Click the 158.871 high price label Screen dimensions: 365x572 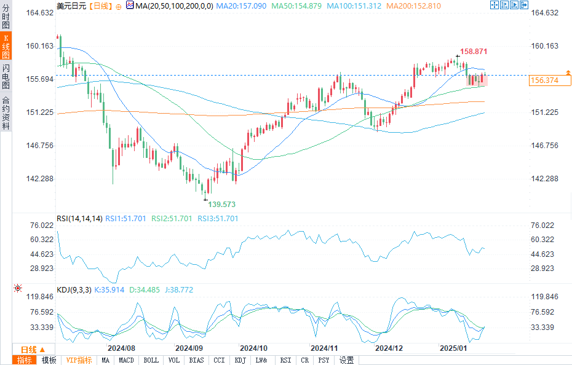click(x=474, y=52)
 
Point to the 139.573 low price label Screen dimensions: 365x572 click(x=222, y=204)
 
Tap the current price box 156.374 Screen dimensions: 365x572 click(x=544, y=80)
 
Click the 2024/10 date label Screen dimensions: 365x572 click(x=253, y=348)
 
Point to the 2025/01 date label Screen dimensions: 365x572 click(x=454, y=348)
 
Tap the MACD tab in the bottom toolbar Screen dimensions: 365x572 click(x=127, y=360)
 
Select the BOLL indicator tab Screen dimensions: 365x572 click(x=151, y=360)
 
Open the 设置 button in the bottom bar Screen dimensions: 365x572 click(x=347, y=360)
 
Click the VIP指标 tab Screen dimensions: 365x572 click(x=79, y=360)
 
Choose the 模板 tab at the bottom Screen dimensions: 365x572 click(x=49, y=360)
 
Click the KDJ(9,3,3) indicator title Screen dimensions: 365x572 click(x=74, y=289)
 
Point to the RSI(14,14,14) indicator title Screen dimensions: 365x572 click(x=79, y=218)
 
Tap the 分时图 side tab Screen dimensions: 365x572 click(x=6, y=18)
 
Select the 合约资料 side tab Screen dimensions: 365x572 click(x=6, y=113)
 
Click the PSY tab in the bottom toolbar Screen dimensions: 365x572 click(x=324, y=360)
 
